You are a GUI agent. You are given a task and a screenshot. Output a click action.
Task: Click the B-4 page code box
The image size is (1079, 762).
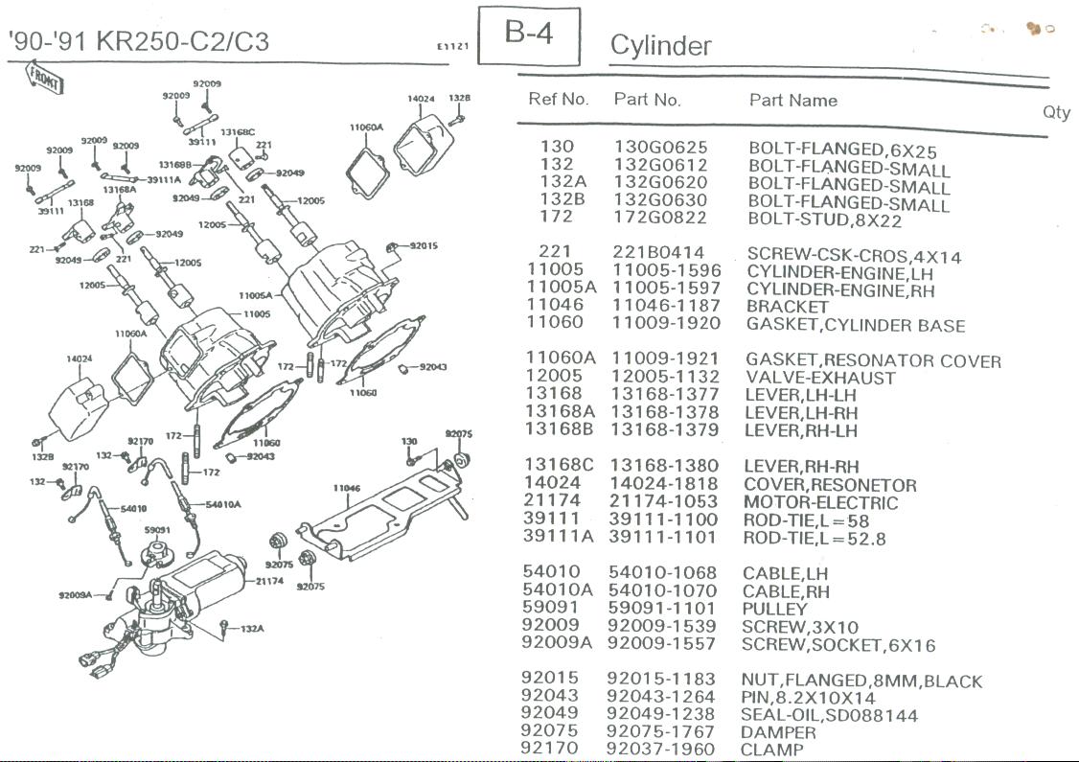coord(529,35)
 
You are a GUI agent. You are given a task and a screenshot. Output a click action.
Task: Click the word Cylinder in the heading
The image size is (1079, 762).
coord(660,46)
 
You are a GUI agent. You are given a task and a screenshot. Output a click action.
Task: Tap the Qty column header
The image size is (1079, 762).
coord(1056,112)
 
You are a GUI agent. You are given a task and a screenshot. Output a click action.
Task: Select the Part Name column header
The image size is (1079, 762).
coord(792,101)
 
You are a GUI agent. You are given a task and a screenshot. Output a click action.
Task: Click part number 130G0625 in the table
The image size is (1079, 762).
coord(660,148)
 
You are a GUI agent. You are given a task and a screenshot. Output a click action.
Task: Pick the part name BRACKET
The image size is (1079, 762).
coord(787,307)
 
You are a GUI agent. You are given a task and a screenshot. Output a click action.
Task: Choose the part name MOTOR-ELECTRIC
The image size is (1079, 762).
coord(820,502)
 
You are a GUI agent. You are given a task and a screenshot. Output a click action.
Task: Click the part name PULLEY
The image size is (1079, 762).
coord(774,609)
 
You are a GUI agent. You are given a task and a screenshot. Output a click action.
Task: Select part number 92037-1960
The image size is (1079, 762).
coord(660,749)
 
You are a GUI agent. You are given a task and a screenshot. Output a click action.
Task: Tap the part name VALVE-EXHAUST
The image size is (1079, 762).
coord(819,378)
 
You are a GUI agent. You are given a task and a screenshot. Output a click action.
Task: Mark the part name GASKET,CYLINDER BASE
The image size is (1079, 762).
coord(855,325)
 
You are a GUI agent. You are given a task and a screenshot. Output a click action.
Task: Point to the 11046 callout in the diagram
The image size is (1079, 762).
coord(346,488)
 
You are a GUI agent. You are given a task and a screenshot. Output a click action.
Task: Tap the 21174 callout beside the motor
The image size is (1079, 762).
coord(268,581)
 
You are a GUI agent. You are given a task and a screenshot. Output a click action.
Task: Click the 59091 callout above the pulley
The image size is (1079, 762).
coord(157,528)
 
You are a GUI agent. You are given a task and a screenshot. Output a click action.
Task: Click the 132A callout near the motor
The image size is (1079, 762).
coord(251,629)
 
